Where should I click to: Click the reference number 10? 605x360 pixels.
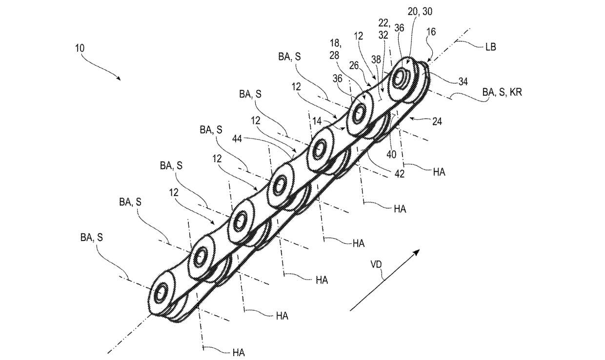[80, 48]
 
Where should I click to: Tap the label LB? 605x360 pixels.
[490, 47]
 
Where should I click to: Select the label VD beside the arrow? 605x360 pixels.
[376, 264]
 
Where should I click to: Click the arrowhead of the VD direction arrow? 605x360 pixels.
[416, 252]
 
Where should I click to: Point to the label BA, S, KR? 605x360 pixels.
[502, 92]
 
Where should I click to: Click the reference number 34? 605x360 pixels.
[463, 81]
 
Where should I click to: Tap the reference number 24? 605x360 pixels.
[437, 121]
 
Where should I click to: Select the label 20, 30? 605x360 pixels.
[420, 11]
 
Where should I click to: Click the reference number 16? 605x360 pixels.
[431, 32]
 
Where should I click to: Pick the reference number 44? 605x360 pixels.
[237, 140]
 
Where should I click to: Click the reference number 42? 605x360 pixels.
[400, 174]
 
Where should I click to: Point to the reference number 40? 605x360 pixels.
[391, 155]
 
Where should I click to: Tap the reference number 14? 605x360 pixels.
[317, 121]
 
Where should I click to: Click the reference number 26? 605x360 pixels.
[354, 65]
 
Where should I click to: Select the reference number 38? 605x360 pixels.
[376, 60]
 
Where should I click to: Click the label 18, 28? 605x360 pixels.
[335, 49]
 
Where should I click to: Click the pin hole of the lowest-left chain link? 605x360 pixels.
[161, 293]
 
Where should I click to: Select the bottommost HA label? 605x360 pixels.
[239, 353]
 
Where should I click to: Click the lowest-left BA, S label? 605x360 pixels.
[92, 238]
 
